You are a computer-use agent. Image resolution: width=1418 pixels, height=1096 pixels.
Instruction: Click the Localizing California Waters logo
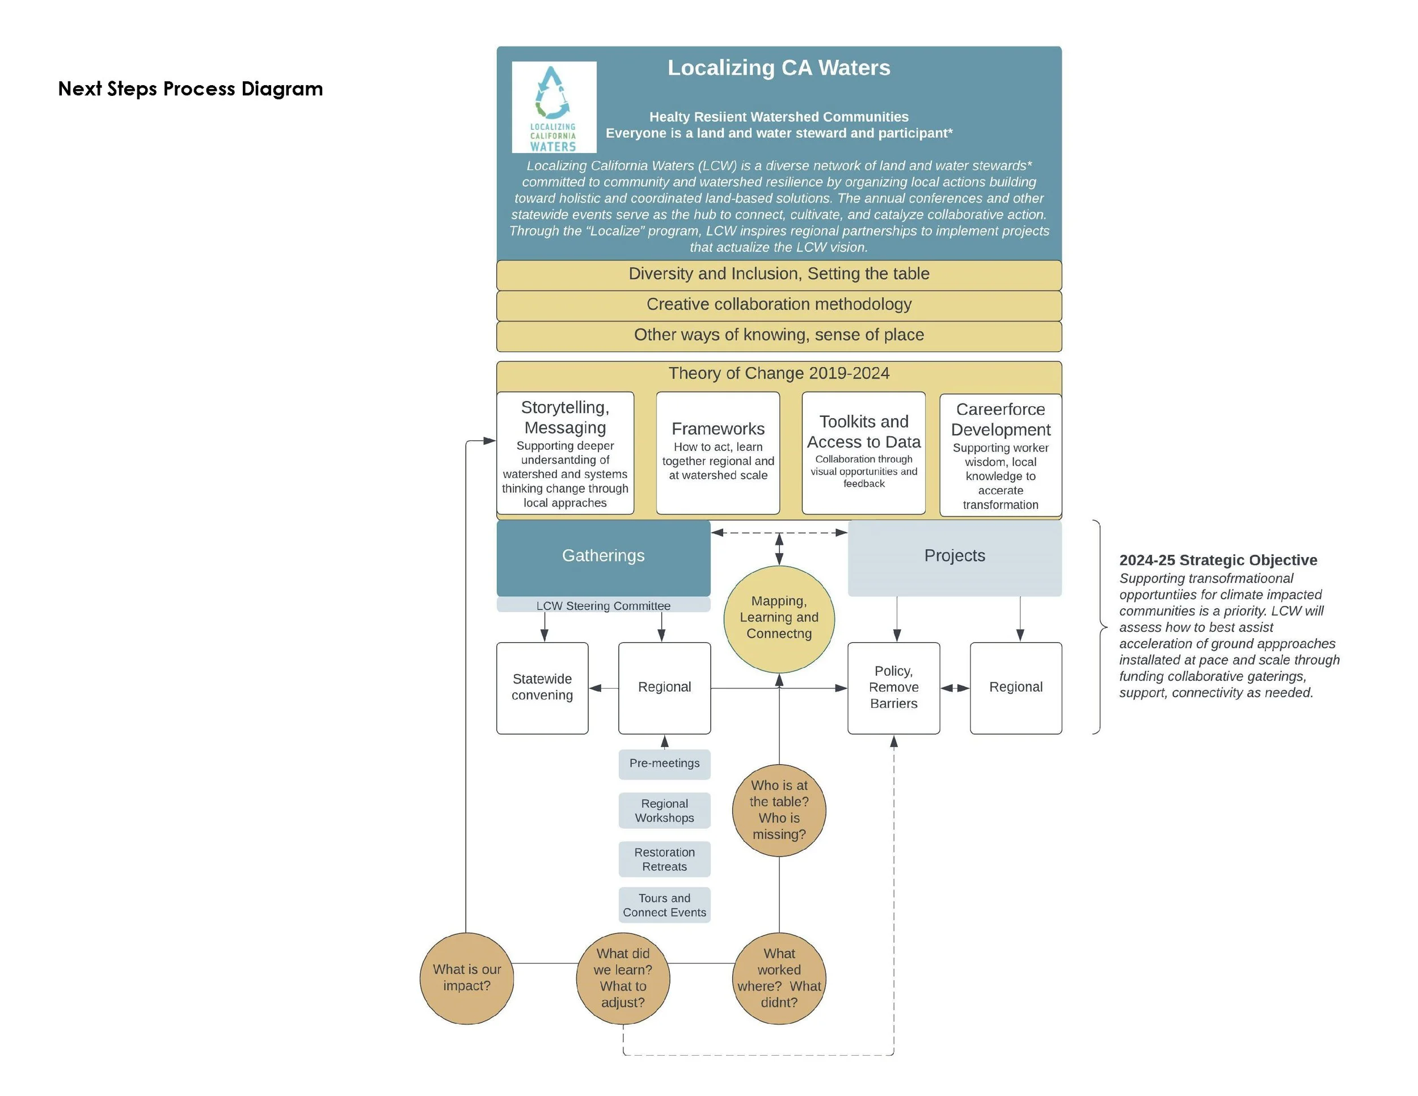click(x=554, y=107)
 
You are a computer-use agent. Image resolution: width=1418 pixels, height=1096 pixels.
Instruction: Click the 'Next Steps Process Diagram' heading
click(x=190, y=88)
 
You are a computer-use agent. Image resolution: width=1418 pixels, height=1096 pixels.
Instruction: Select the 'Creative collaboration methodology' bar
click(x=778, y=305)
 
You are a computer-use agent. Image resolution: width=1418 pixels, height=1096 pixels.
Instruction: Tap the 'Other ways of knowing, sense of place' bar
click(x=778, y=335)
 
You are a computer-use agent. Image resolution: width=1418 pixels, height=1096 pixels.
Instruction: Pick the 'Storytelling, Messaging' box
click(x=565, y=453)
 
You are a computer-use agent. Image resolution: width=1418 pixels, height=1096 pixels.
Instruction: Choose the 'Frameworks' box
click(x=718, y=453)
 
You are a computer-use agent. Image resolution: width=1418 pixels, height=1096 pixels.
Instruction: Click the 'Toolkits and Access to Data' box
click(x=863, y=453)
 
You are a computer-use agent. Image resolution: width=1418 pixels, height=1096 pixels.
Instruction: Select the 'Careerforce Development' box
click(x=1001, y=455)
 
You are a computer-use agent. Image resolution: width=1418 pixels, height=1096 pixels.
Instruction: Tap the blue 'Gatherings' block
click(x=603, y=557)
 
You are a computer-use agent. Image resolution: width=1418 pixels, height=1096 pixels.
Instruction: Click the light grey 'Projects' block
click(x=955, y=557)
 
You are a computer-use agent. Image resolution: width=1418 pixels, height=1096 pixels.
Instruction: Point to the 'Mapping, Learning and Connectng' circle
click(x=779, y=618)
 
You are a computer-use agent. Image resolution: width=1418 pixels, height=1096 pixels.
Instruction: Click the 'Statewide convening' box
click(x=542, y=688)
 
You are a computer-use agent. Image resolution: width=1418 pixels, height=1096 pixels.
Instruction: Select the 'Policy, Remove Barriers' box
click(x=893, y=688)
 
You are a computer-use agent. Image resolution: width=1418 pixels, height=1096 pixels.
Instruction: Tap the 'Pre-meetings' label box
click(x=664, y=764)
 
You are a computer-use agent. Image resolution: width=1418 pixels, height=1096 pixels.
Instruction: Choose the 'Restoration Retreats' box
click(x=664, y=859)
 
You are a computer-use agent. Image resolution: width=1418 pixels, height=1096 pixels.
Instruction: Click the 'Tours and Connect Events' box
click(x=664, y=905)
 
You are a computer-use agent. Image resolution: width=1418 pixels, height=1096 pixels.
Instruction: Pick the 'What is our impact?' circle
click(x=467, y=978)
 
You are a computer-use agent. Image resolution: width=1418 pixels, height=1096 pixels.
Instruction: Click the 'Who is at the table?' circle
click(x=779, y=810)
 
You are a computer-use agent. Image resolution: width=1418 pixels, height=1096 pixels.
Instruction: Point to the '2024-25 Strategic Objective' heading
click(x=1217, y=560)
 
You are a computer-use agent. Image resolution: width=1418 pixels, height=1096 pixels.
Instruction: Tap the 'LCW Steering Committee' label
click(x=603, y=606)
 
